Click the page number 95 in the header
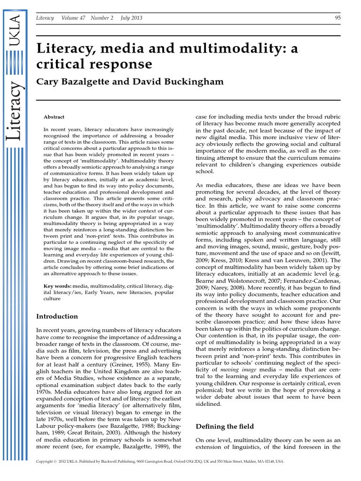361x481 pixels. pos(337,18)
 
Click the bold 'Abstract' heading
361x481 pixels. pos(54,117)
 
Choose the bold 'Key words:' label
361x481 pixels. pos(57,286)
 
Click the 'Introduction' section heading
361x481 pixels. pos(57,316)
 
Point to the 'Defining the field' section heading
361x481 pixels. pos(224,427)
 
